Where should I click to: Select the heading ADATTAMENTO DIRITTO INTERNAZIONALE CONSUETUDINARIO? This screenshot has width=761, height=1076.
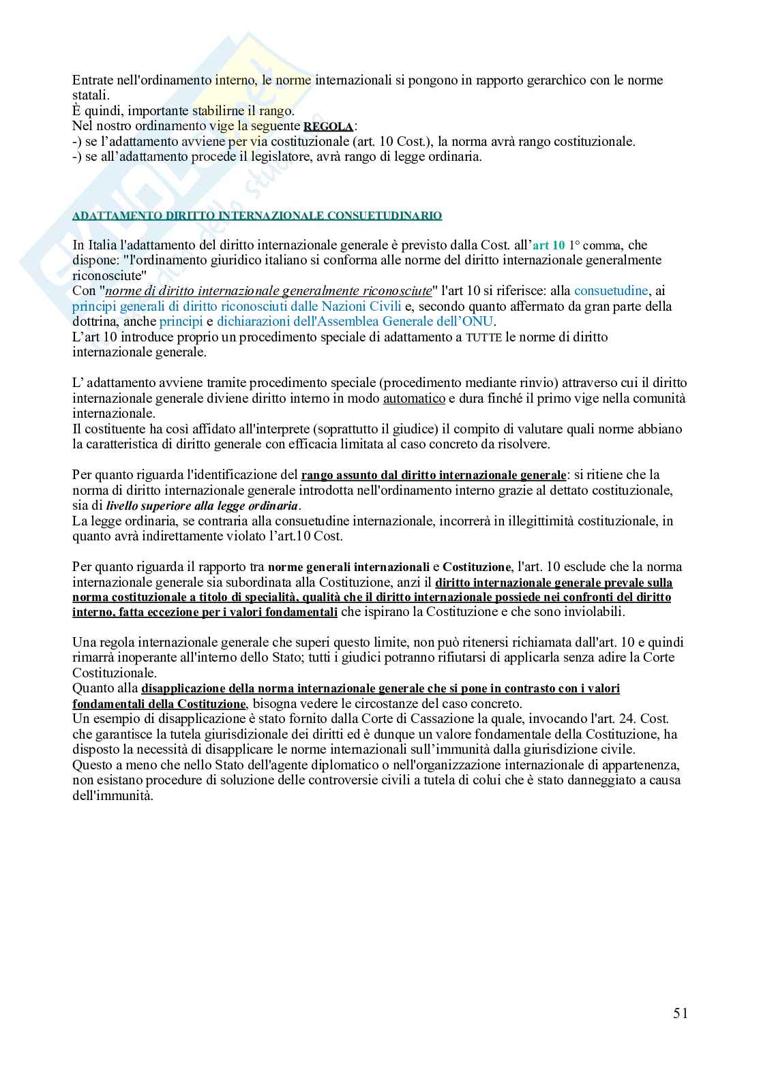[257, 216]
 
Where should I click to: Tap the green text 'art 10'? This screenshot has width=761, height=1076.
[548, 245]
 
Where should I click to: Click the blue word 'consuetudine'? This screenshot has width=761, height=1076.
[610, 291]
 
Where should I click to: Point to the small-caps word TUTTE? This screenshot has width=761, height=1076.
[483, 337]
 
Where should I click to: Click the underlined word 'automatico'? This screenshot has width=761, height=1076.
[414, 399]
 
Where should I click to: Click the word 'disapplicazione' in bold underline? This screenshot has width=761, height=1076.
[185, 688]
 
